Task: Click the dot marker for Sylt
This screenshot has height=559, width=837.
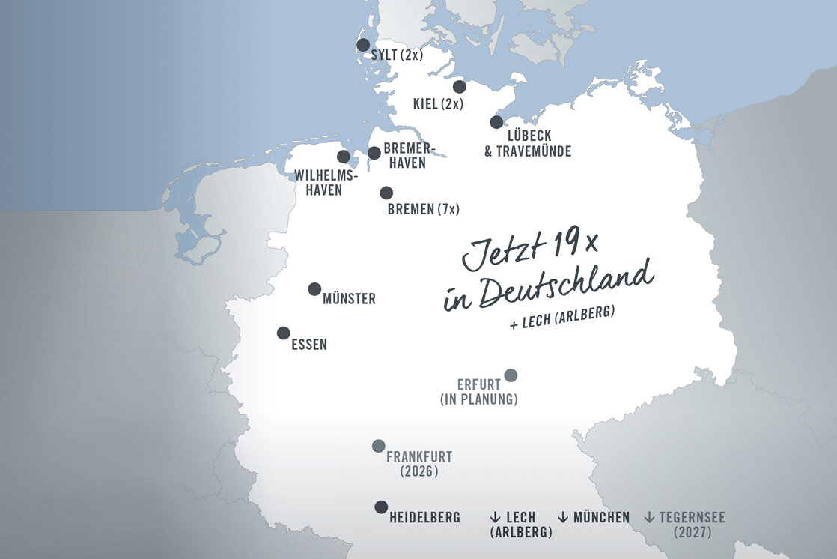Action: (x=363, y=45)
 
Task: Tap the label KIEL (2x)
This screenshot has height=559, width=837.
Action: (x=439, y=103)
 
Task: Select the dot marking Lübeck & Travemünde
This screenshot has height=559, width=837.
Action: (x=496, y=122)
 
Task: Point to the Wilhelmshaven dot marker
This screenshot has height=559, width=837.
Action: (x=344, y=157)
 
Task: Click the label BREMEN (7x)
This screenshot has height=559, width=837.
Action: (x=424, y=210)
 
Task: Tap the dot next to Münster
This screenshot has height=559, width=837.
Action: (x=314, y=289)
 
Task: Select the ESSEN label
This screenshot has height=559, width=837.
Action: (x=308, y=345)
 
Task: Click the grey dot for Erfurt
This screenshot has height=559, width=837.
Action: (x=511, y=375)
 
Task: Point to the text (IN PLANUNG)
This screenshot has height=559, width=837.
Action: (x=479, y=399)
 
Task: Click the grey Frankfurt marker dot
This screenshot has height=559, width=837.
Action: (x=379, y=446)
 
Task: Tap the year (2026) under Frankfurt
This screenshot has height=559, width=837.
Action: (x=419, y=472)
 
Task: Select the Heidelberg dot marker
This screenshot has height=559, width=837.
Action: (x=381, y=507)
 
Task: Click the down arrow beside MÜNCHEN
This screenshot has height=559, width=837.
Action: (x=563, y=518)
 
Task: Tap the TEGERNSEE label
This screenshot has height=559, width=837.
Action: (x=692, y=518)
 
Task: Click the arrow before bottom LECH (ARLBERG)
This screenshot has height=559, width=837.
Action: (x=495, y=518)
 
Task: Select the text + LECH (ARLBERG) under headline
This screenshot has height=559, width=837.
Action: (x=562, y=316)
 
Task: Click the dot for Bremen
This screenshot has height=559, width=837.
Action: (x=386, y=193)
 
